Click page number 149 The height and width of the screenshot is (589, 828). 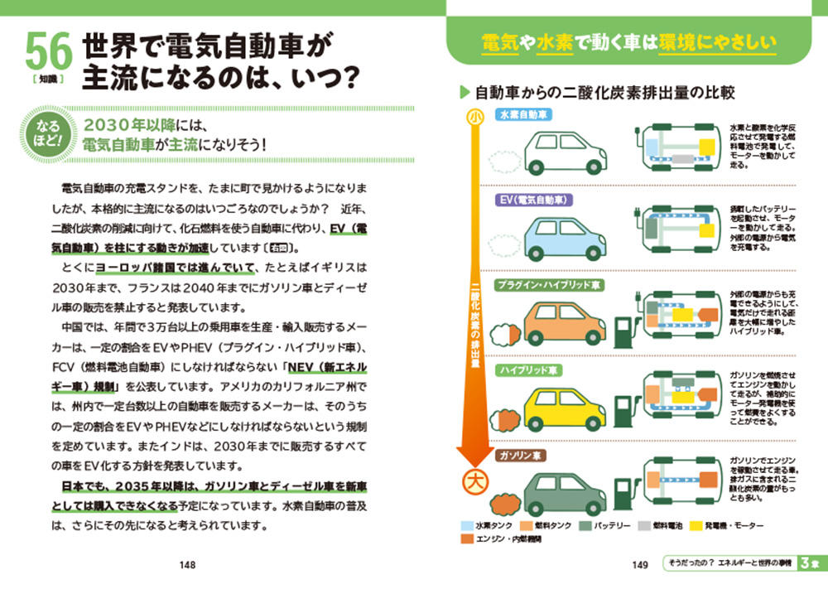click(639, 565)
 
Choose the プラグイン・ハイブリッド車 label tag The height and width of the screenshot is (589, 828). click(550, 285)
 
